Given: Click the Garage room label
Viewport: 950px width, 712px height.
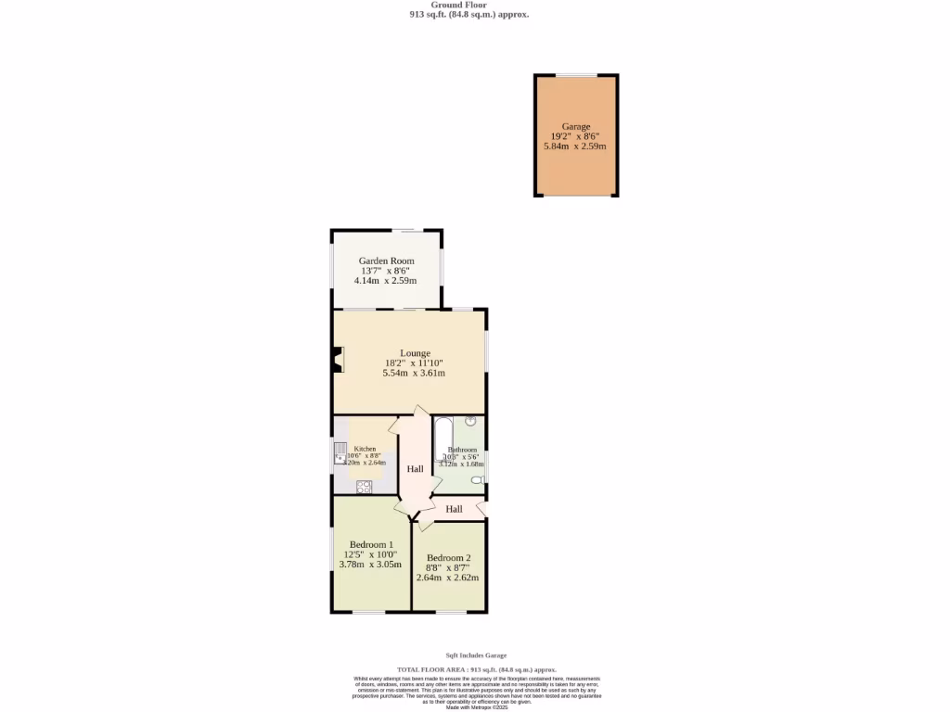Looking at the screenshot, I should click(575, 126).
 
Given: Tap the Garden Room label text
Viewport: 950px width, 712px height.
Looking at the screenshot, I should click(387, 261).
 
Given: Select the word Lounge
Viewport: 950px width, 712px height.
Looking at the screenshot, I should click(415, 353).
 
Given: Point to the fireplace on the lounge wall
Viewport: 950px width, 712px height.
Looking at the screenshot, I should click(339, 361).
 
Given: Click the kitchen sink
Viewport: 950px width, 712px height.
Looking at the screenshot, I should click(340, 455).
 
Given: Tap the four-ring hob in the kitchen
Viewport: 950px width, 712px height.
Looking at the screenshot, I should click(364, 486).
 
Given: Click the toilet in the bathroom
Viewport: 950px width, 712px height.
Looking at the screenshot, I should click(477, 479).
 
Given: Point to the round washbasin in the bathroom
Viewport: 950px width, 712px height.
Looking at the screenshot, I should click(471, 422).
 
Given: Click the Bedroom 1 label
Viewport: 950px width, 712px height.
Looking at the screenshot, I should click(371, 545).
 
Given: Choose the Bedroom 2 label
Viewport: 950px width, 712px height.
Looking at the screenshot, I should click(449, 558).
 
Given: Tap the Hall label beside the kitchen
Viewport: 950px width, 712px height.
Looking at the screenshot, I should click(415, 469).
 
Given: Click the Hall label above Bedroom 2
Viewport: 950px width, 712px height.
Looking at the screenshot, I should click(454, 509).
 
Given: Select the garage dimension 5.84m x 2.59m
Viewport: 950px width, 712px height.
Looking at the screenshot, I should click(574, 146).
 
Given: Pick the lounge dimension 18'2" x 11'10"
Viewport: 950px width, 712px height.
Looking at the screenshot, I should click(415, 363).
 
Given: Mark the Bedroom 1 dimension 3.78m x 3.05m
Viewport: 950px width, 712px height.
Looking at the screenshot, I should click(370, 564).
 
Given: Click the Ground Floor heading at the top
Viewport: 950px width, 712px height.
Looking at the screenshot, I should click(470, 5).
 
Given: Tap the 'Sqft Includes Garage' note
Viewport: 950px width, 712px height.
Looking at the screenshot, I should click(476, 655).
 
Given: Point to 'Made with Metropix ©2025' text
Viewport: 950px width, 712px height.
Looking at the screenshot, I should click(477, 707).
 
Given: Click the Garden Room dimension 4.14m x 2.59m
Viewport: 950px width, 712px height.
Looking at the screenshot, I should click(386, 281).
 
